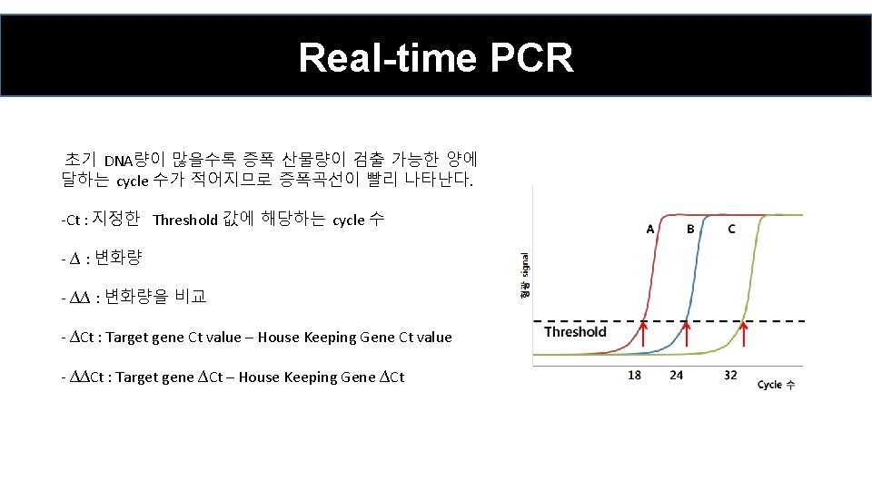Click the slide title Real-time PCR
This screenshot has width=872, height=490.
[x=436, y=58]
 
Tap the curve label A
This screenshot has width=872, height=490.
[x=650, y=229]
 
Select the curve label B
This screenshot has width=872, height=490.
[x=690, y=229]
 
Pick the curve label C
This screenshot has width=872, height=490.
[x=732, y=229]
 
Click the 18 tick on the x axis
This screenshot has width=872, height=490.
[x=635, y=375]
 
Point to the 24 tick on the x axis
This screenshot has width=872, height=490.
[x=676, y=375]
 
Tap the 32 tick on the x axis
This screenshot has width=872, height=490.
[x=731, y=375]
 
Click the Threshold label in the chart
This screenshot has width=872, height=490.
[x=575, y=332]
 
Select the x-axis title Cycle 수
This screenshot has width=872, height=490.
[x=776, y=385]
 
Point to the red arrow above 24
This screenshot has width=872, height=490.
[x=685, y=336]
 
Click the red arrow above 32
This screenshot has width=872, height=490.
[x=744, y=336]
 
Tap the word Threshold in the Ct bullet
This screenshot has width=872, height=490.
[x=185, y=220]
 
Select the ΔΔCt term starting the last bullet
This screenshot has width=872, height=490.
[x=89, y=377]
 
